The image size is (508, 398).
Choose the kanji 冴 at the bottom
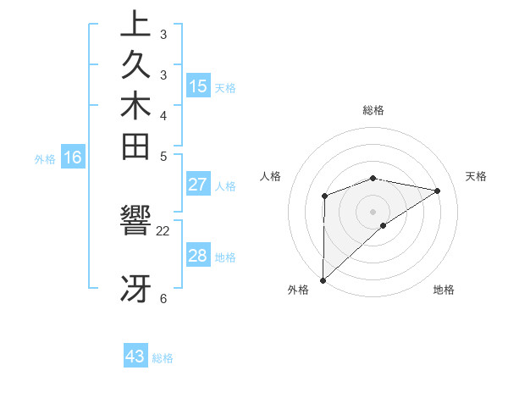point(135,289)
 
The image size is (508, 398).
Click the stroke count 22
point(163,230)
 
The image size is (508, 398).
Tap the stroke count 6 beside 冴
point(163,298)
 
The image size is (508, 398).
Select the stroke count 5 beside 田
point(163,156)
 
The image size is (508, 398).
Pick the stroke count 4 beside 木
point(163,115)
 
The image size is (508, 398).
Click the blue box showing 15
point(198,86)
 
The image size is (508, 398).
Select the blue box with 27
point(198,185)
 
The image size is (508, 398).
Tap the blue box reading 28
point(198,257)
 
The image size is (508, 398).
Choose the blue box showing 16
point(73,157)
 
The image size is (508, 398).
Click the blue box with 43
point(135,357)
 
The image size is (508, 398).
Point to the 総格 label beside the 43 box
point(163,358)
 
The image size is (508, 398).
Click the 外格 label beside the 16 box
point(45,158)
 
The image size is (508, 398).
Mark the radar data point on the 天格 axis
point(438,191)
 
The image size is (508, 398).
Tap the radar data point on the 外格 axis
point(323,279)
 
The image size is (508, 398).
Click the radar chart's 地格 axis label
point(444,290)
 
